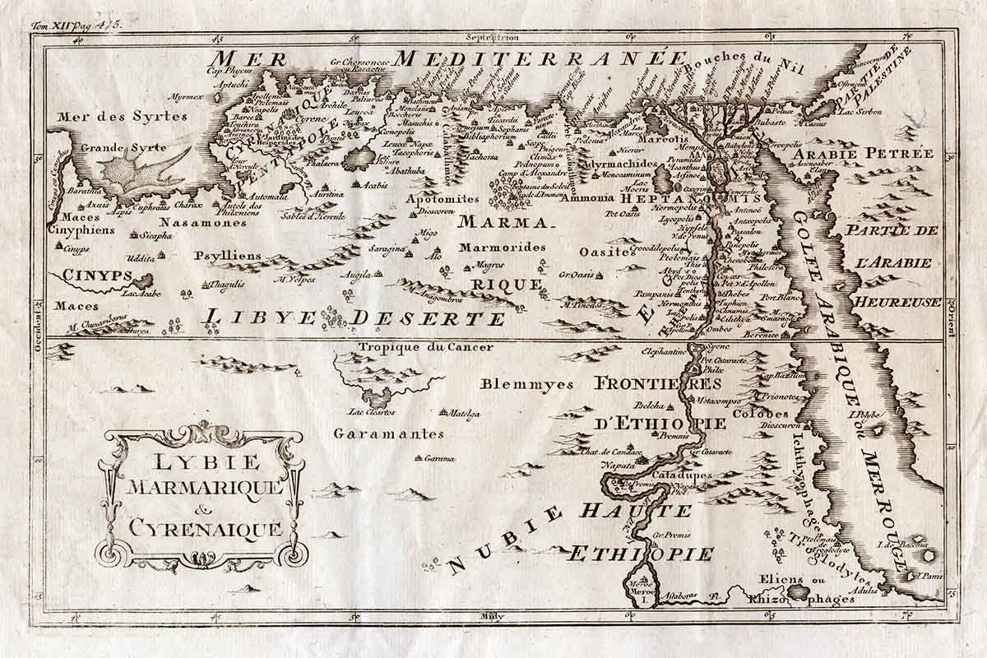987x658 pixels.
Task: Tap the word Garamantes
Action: click(x=389, y=433)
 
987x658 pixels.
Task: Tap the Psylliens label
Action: click(x=228, y=256)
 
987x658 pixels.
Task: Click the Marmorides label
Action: click(x=503, y=247)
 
